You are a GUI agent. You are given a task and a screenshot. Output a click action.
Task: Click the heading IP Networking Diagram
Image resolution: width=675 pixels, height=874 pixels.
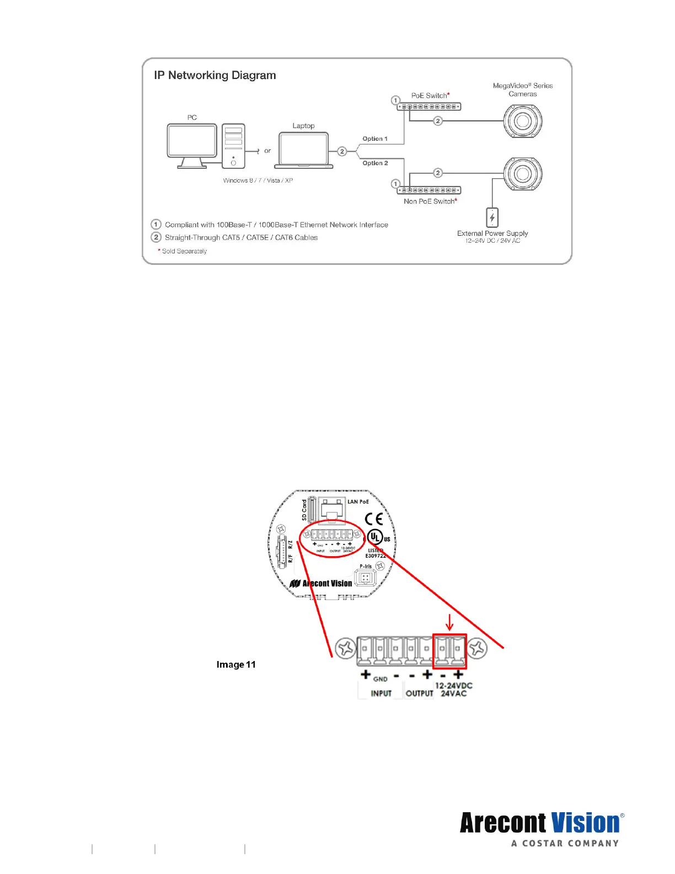[215, 76]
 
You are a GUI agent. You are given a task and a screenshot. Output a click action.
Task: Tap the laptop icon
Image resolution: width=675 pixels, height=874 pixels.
[303, 150]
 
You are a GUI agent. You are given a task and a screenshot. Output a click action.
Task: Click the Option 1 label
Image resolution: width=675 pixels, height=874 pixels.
[375, 139]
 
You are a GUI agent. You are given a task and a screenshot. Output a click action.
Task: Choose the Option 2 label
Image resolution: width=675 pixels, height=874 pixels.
[375, 163]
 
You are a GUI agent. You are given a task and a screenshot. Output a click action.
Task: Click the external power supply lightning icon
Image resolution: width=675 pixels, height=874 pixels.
[492, 217]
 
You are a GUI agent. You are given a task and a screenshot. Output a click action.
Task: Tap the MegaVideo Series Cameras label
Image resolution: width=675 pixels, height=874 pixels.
[523, 90]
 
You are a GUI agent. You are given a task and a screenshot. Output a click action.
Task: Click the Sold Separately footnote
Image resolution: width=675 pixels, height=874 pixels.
[184, 251]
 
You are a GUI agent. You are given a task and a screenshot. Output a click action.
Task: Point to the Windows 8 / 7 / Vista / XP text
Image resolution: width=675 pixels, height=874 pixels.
[258, 180]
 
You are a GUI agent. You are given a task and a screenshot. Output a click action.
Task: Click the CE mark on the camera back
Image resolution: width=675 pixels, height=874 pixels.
[374, 519]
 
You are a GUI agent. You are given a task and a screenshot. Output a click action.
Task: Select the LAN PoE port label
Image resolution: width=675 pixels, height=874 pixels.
[358, 502]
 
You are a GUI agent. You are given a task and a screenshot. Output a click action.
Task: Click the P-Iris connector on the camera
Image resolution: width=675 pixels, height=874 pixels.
[365, 578]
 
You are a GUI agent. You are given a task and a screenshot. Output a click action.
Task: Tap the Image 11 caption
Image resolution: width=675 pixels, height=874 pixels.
[236, 664]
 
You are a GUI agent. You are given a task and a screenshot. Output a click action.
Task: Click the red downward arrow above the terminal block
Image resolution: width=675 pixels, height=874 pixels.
[449, 622]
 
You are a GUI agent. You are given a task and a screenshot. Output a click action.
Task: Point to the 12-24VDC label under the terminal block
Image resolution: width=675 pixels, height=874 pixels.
[453, 686]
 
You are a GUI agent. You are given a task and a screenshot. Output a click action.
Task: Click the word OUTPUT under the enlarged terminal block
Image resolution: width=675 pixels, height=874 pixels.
[419, 694]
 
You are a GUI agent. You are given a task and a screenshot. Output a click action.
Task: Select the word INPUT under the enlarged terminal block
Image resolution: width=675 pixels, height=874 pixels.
[381, 694]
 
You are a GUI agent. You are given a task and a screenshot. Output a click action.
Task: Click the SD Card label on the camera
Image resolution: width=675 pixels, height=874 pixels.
[304, 510]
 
